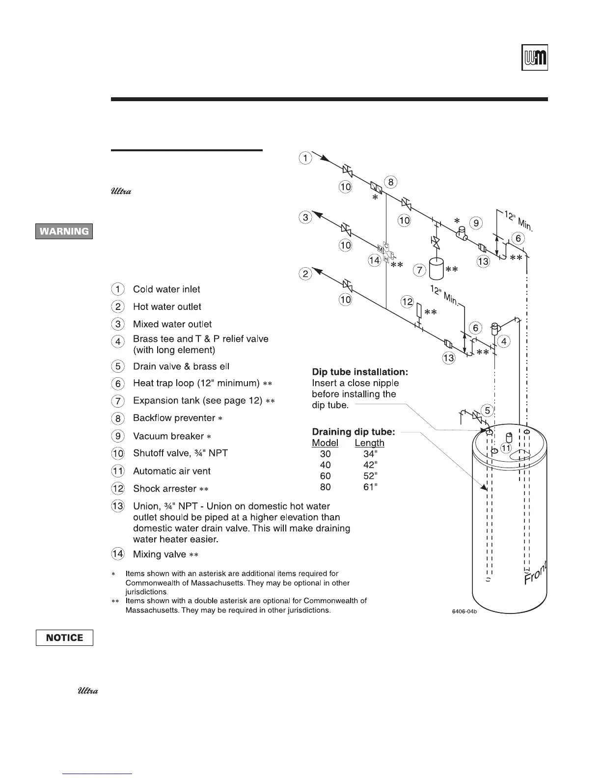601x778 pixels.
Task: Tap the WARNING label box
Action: click(64, 231)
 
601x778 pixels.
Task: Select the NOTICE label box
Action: click(64, 638)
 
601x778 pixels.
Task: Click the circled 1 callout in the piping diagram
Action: click(305, 158)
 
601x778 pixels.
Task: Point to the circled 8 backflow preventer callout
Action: click(391, 182)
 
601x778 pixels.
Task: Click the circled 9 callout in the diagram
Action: click(475, 223)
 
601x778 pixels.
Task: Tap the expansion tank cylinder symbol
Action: click(436, 269)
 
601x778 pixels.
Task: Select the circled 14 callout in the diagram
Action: click(375, 260)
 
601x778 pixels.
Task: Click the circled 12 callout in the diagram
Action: click(407, 302)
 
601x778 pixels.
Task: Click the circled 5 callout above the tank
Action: click(487, 410)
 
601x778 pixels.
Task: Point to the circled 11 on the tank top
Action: click(506, 448)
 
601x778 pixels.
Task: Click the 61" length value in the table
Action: click(370, 487)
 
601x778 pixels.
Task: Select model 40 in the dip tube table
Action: click(325, 465)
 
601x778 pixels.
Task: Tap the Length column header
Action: click(369, 443)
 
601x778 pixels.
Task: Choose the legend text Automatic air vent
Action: click(172, 471)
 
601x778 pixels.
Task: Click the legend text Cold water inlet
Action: click(166, 289)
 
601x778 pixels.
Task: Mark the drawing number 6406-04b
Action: click(464, 611)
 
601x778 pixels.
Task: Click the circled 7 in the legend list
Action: click(118, 401)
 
